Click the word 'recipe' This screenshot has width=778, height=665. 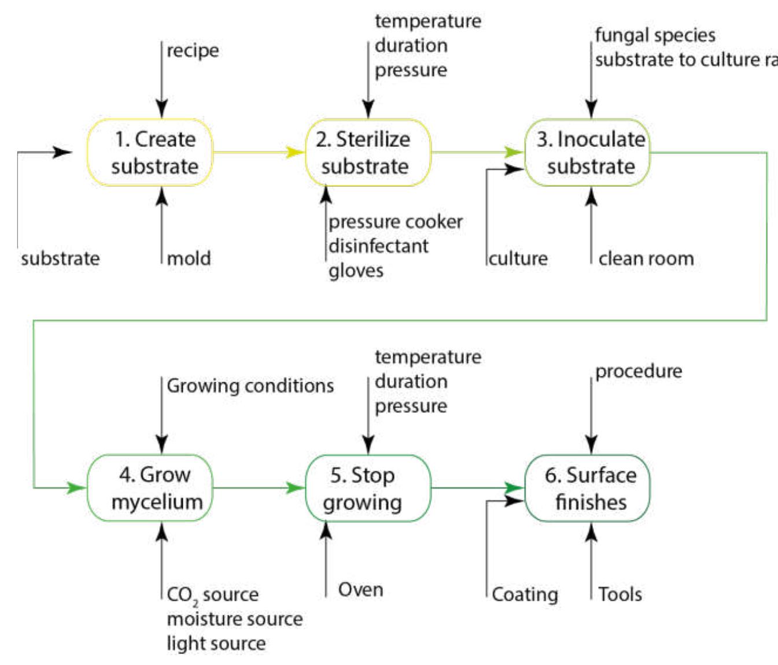point(193,51)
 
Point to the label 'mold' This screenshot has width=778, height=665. point(189,258)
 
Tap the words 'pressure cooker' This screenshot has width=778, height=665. point(396,222)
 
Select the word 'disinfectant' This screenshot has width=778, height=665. point(378,246)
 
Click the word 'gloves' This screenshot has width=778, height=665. point(356,271)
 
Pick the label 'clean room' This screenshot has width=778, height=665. point(646,258)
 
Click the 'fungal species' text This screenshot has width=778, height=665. point(655,35)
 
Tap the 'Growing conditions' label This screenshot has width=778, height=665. point(250,386)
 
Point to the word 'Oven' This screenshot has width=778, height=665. point(360,589)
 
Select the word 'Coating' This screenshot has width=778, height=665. point(525,594)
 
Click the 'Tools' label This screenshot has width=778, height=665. point(620,594)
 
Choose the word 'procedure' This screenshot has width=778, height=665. point(639,371)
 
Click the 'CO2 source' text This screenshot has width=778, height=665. point(212,594)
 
